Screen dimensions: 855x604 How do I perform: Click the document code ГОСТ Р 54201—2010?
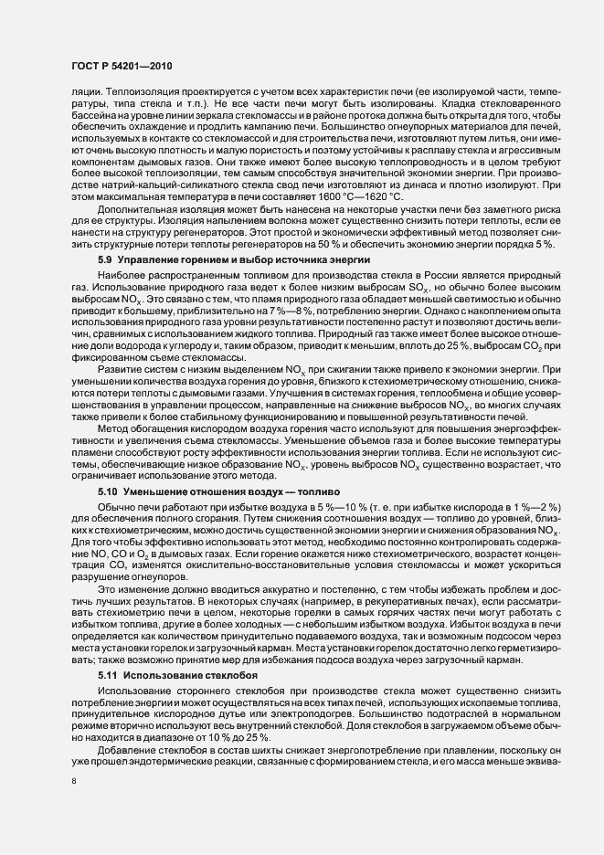point(119,67)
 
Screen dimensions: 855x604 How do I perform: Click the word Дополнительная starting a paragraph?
point(137,210)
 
